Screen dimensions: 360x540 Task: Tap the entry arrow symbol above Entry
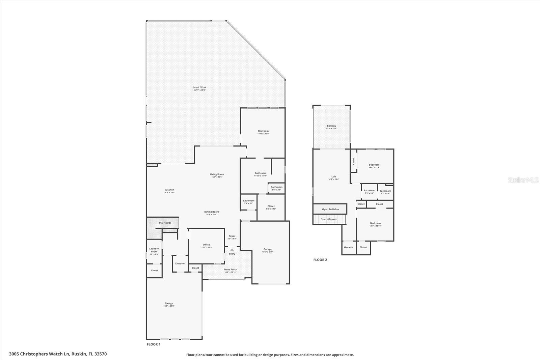[x=232, y=250]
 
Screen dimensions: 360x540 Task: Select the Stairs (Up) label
[x=165, y=223]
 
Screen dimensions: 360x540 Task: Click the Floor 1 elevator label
[x=180, y=264]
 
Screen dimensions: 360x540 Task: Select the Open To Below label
[x=330, y=209]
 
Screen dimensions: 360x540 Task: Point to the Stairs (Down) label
[x=328, y=219]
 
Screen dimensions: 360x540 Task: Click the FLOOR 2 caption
[x=320, y=260]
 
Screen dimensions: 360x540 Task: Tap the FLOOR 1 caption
[x=154, y=344]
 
